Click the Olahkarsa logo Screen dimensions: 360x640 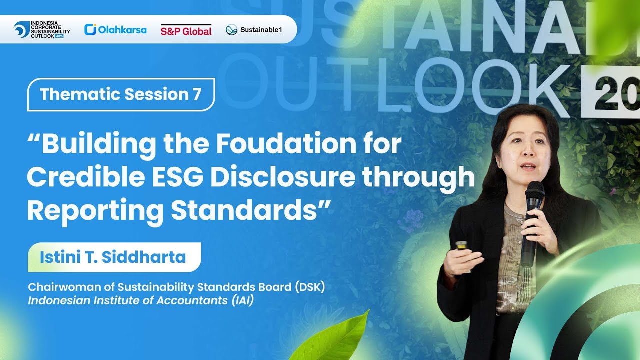click(115, 30)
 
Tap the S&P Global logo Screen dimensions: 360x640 click(186, 30)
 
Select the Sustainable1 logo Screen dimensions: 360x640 click(254, 30)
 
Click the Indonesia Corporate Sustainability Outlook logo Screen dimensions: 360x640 click(42, 30)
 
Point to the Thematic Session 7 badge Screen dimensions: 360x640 click(121, 94)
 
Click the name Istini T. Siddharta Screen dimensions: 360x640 click(113, 257)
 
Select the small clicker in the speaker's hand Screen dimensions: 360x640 click(461, 245)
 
